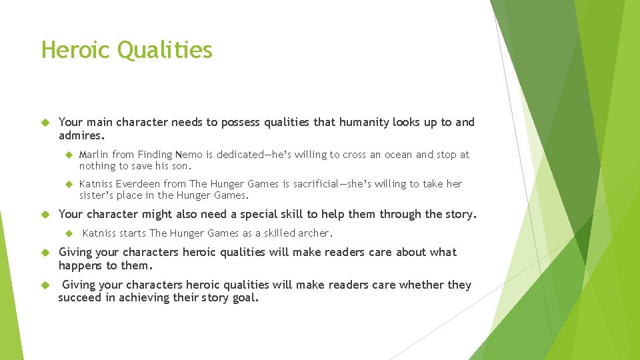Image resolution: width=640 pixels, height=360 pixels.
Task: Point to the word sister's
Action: click(98, 195)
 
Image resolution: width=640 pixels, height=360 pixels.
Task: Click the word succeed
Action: click(80, 298)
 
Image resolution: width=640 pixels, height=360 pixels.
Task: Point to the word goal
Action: click(243, 298)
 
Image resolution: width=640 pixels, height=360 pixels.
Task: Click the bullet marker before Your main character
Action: click(45, 123)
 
